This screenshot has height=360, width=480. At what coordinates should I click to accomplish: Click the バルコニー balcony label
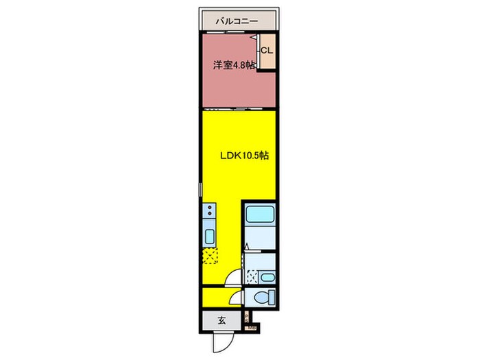click(x=237, y=21)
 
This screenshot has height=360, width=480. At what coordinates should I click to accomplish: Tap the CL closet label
click(x=267, y=50)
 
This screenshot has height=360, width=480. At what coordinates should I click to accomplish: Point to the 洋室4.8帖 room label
click(x=233, y=66)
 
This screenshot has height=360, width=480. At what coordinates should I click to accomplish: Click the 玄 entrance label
click(x=222, y=320)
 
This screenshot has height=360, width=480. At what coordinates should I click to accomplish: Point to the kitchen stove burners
click(x=210, y=211)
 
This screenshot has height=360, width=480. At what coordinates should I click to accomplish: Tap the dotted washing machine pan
click(x=253, y=277)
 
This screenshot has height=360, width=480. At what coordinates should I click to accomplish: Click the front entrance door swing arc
click(x=221, y=341)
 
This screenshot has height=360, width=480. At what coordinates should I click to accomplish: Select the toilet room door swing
click(x=237, y=296)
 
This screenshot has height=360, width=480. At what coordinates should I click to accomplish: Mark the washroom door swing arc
click(x=235, y=277)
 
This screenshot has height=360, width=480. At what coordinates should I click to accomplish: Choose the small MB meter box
click(x=252, y=328)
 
